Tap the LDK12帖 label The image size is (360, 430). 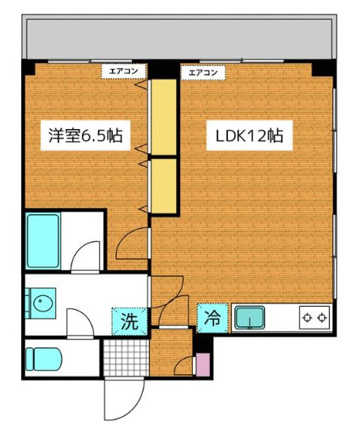[248, 136]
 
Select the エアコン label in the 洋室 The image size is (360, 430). [124, 71]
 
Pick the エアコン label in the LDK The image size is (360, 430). [203, 71]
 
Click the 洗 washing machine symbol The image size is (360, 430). [130, 320]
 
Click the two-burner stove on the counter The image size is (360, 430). [315, 316]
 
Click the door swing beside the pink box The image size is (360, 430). [185, 365]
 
